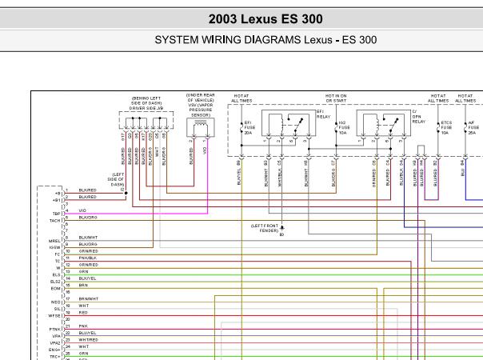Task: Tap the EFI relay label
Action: pos(323,114)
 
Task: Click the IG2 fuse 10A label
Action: pos(343,126)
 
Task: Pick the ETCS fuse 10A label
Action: pos(446,126)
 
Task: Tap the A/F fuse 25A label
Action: pos(473,126)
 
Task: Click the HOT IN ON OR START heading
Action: pos(335,98)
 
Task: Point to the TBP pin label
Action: pos(57,214)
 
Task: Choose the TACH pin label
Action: pos(56,221)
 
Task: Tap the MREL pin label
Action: pos(55,240)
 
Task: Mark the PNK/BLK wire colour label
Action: pos(88,258)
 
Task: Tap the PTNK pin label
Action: pos(55,329)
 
